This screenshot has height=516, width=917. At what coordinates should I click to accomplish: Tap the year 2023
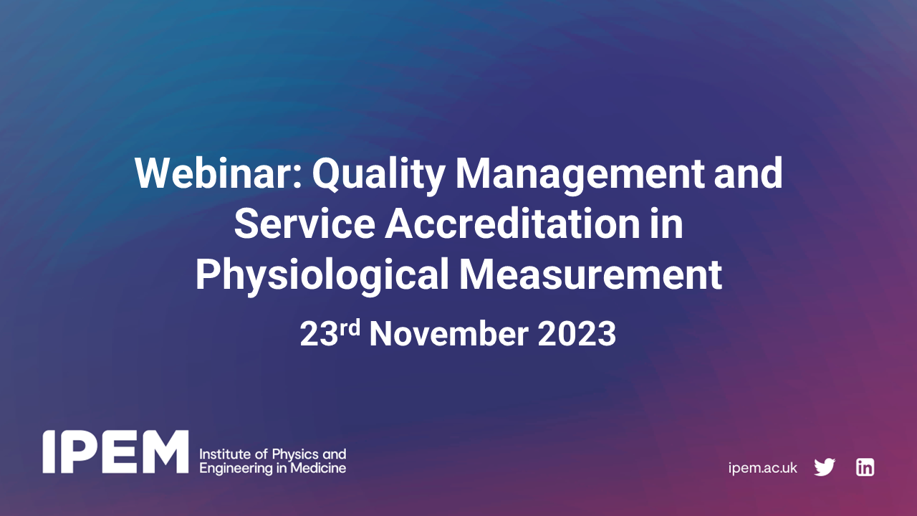[x=577, y=335]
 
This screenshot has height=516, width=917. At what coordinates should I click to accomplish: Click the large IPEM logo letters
[x=115, y=451]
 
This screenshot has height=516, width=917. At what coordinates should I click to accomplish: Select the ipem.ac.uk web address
[x=762, y=468]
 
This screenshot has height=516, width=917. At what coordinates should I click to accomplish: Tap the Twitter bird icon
[x=825, y=467]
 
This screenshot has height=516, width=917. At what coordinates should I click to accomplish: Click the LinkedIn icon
[x=865, y=467]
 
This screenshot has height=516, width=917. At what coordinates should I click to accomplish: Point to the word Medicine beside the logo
[x=321, y=469]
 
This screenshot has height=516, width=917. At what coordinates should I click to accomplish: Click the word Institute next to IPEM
[x=220, y=454]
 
